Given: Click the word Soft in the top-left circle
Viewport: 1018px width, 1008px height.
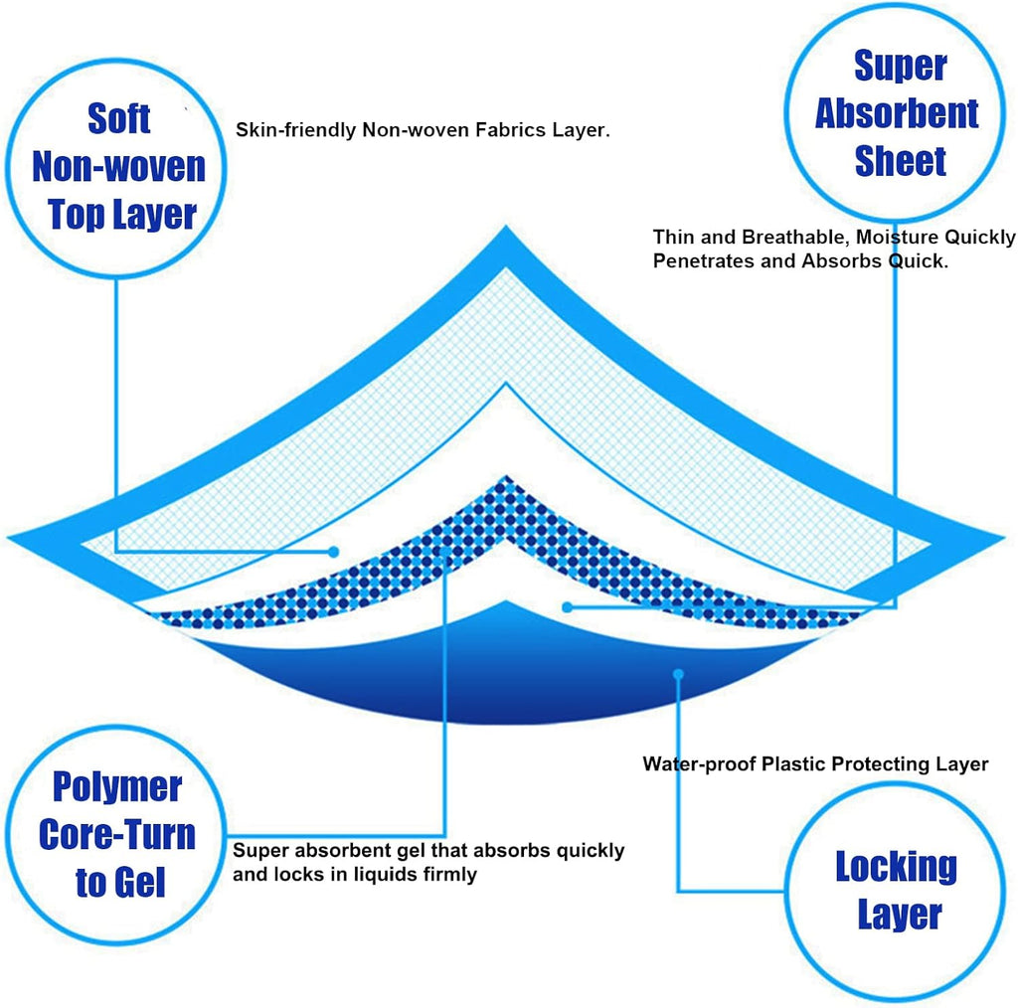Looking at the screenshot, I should coord(118,118).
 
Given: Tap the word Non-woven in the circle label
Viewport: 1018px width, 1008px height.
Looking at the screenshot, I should coord(118,166).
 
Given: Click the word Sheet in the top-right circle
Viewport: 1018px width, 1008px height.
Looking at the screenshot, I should coord(900,161).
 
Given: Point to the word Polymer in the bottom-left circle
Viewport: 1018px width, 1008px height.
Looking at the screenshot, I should coord(117,787).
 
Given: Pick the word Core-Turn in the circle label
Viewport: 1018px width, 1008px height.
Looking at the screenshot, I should coord(117,834).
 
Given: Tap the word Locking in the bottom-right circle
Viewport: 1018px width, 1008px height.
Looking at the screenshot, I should coord(896,867).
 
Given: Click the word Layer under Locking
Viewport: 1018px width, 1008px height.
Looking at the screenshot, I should coord(899,914).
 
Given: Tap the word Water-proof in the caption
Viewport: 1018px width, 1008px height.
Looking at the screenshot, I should coord(698,764).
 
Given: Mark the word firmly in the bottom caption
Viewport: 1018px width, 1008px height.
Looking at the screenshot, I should coord(448,875).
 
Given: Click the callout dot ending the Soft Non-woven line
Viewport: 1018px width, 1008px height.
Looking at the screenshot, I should coord(335,551).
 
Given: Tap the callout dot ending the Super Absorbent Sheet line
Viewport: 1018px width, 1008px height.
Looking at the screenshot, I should coord(567,606).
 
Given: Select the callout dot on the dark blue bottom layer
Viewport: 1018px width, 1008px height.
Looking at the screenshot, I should coord(679,674).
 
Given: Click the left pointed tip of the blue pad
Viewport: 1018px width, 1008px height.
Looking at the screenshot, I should coord(12,539).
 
